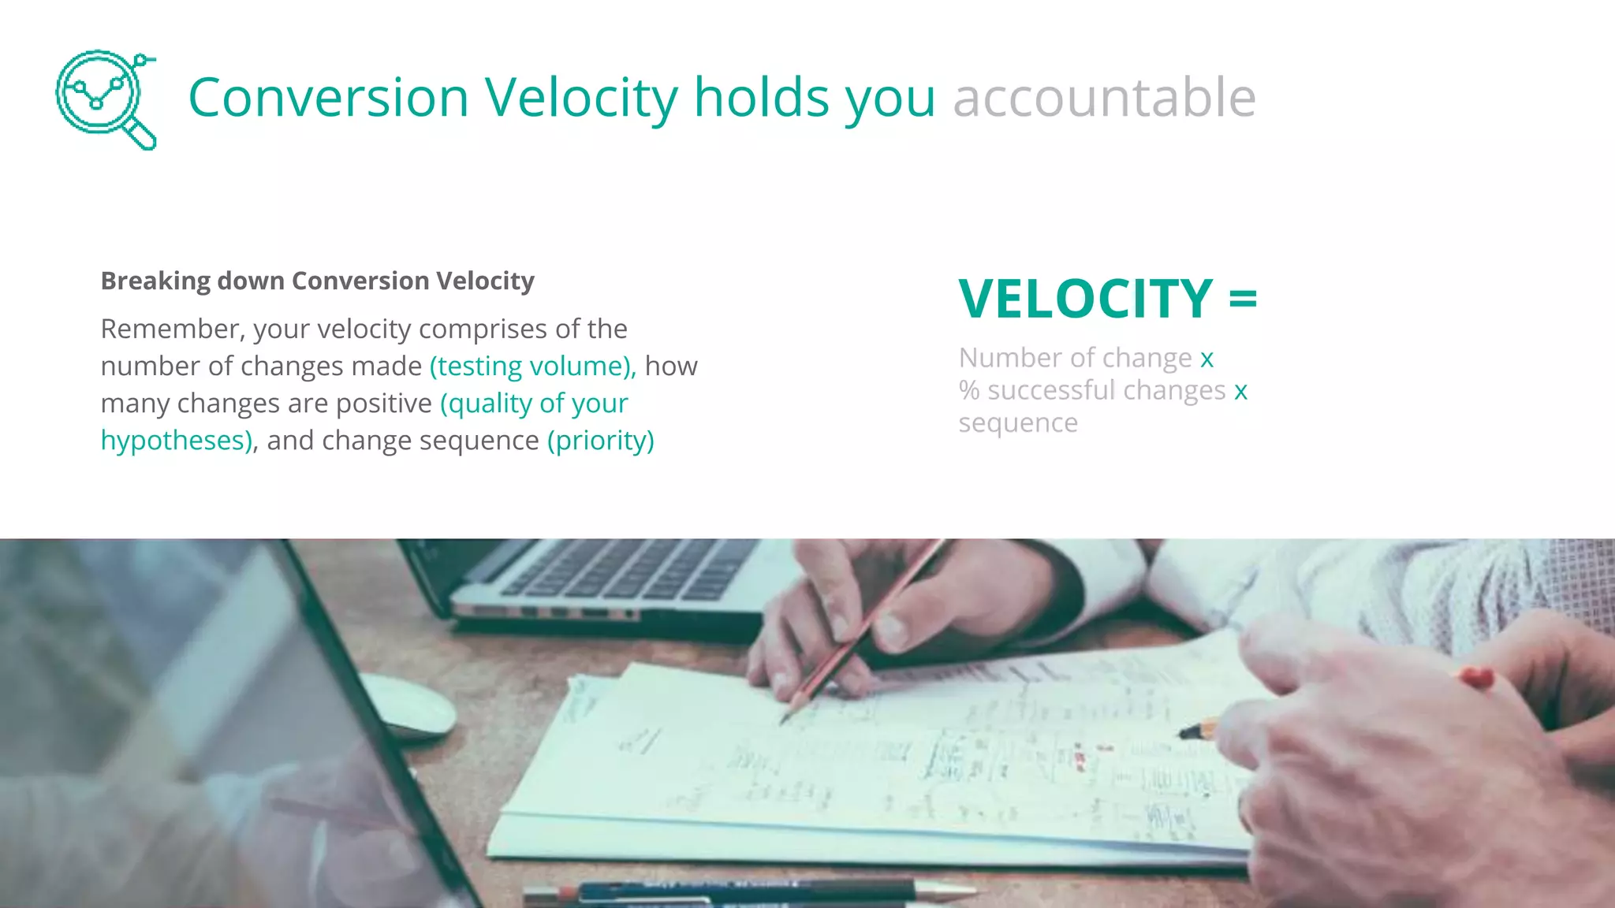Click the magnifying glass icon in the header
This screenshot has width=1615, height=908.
click(x=106, y=99)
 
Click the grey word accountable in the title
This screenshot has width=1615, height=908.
click(x=1104, y=98)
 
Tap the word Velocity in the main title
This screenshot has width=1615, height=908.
click(x=580, y=98)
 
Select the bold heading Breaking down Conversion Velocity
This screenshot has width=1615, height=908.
click(x=317, y=281)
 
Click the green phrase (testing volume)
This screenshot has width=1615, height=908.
click(x=531, y=367)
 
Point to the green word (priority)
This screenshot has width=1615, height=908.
click(x=601, y=441)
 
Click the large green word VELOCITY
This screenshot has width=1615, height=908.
click(x=1085, y=300)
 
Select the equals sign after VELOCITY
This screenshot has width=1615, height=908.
click(x=1243, y=300)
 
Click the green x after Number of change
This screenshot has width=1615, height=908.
click(x=1207, y=359)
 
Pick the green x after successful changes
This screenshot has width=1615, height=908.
click(x=1240, y=392)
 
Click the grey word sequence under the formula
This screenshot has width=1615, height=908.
click(x=1017, y=424)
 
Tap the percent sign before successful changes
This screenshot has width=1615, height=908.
click(x=969, y=390)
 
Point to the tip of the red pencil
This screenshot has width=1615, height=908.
click(x=785, y=720)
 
